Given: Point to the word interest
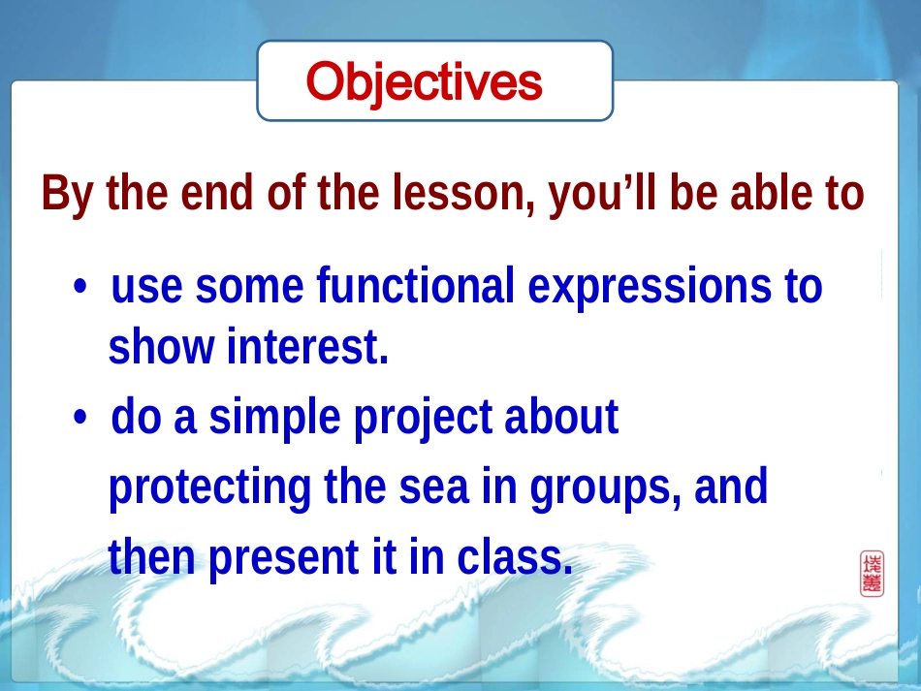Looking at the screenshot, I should pos(307,347).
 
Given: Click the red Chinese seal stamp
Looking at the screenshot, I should pos(872,573).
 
